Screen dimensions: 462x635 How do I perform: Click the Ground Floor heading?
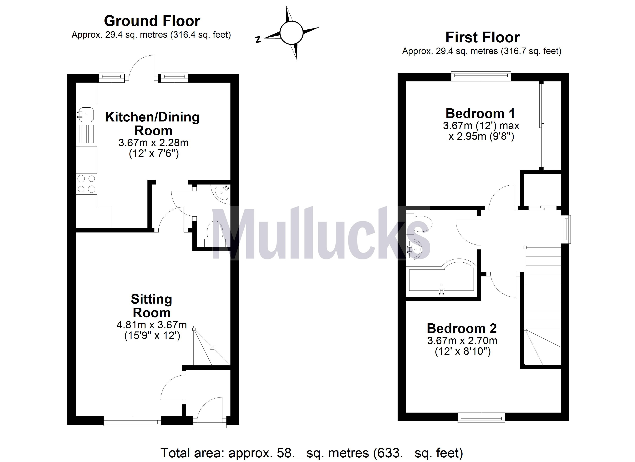pos(152,21)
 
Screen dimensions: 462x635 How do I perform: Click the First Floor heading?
pos(482,37)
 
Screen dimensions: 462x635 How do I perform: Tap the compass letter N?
pos(258,39)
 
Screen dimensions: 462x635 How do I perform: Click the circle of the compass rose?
pos(292,33)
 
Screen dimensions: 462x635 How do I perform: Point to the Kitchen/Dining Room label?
pos(153,124)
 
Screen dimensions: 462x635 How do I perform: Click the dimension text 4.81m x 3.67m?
pos(151,325)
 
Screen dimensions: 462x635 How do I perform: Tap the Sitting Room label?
pos(151,306)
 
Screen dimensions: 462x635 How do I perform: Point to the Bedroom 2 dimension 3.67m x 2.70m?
pos(462,341)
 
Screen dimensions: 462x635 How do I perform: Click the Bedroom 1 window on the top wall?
pos(481,76)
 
